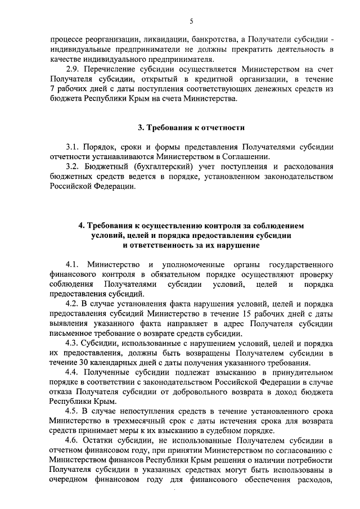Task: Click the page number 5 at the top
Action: click(x=191, y=21)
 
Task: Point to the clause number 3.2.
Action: click(x=73, y=168)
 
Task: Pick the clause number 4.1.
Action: click(x=73, y=264)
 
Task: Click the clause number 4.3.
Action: click(x=73, y=343)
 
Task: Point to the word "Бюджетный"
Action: click(x=107, y=168)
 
